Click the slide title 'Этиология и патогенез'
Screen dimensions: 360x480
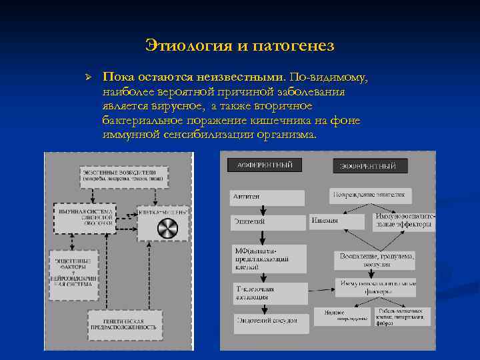pyautogui.click(x=239, y=46)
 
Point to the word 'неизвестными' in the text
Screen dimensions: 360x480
pyautogui.click(x=243, y=78)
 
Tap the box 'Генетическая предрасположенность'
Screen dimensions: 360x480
pyautogui.click(x=125, y=323)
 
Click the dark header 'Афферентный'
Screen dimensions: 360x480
pyautogui.click(x=265, y=165)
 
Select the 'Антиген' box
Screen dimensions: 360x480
pyautogui.click(x=267, y=197)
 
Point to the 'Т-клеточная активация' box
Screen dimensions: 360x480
pyautogui.click(x=270, y=293)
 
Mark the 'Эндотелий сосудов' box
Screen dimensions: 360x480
pyautogui.click(x=270, y=321)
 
